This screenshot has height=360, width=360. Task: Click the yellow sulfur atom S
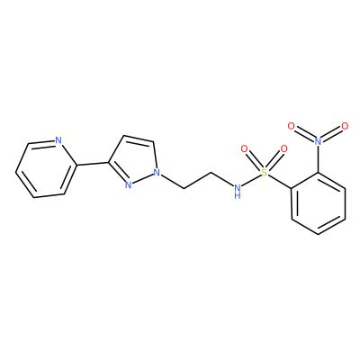point(264,172)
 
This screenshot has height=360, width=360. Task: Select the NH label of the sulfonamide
point(238,191)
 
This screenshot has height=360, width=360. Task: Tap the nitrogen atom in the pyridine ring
point(58,140)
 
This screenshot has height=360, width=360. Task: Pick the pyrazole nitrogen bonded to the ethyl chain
point(157,173)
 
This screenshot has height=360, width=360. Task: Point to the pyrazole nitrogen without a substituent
point(128,184)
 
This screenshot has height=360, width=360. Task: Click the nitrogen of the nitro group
point(318,140)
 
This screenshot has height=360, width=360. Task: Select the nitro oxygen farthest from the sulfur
point(345,126)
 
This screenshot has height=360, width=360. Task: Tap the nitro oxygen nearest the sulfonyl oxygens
point(291,126)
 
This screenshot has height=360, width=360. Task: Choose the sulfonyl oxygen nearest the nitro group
point(283,148)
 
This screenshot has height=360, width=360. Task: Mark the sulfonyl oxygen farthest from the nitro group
point(245,148)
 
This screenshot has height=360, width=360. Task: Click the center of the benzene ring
point(318,203)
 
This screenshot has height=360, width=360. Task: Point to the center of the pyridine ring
point(45,169)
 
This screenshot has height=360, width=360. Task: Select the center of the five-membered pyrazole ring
point(134,161)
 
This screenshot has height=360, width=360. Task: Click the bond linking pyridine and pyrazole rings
point(93,164)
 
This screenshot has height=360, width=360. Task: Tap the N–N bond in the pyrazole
point(142,178)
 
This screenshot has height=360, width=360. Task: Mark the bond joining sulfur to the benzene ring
point(280,181)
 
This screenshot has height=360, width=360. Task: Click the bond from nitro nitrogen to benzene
point(318,158)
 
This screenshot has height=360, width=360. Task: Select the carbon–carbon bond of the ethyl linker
point(198,180)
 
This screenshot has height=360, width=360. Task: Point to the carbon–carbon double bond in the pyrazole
point(139,139)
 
